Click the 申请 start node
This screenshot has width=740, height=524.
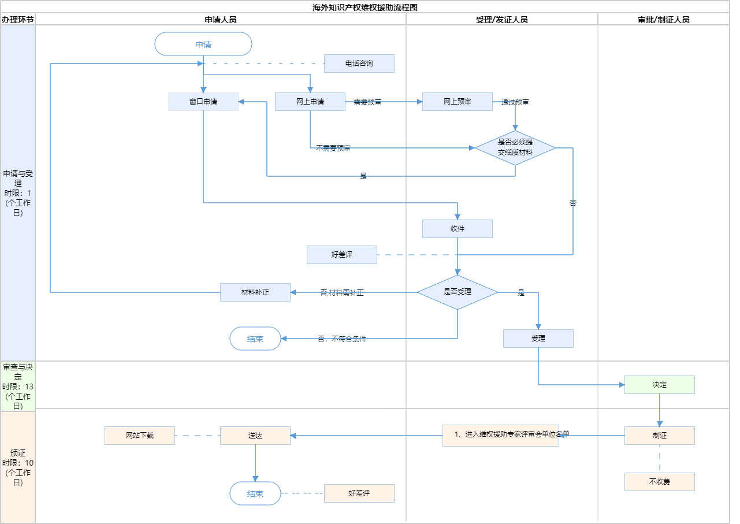[x=203, y=44]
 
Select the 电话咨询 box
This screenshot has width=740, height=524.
[x=359, y=64]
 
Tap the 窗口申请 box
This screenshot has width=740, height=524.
[x=203, y=102]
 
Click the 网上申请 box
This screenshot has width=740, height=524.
[x=310, y=102]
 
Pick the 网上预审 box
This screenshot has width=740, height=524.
[x=458, y=102]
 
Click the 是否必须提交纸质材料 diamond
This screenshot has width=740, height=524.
[x=515, y=148]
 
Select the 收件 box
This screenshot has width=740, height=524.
[x=458, y=229]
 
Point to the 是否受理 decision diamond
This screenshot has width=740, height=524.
[x=458, y=292]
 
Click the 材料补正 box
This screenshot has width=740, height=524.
[x=255, y=292]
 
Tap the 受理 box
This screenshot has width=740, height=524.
[x=538, y=339]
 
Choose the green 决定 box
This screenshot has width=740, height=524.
[x=660, y=385]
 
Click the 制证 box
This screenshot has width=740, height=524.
[x=660, y=436]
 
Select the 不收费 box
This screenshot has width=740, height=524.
[x=660, y=482]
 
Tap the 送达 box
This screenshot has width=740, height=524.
[x=255, y=436]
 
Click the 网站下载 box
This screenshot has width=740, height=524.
[x=140, y=436]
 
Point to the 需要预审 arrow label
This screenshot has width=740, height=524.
[x=367, y=102]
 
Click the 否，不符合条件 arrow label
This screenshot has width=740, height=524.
[x=342, y=339]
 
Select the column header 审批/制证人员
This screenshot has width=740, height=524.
[x=664, y=19]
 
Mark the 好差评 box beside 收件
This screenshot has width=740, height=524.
[x=342, y=255]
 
